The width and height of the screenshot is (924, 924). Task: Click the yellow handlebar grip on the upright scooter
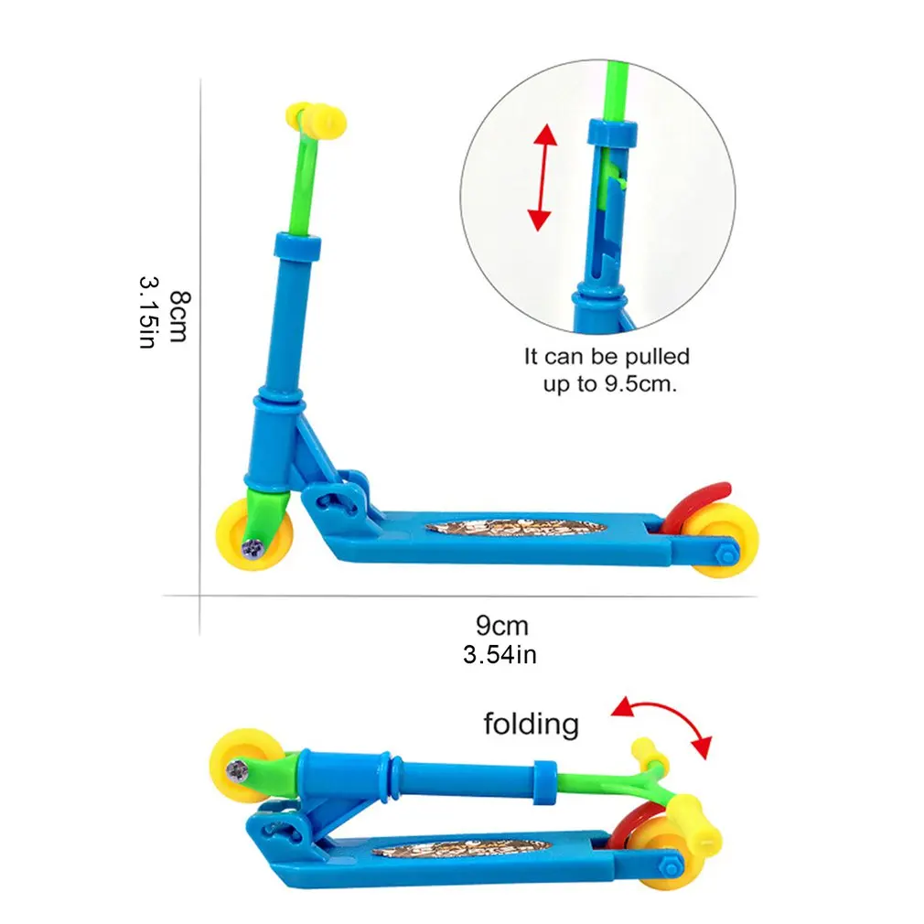pos(312,120)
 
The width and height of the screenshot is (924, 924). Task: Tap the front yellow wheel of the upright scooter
pos(257,532)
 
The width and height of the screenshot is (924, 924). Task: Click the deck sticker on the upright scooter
pos(516,530)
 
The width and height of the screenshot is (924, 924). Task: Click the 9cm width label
pos(502,626)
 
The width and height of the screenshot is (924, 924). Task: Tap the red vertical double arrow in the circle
pos(543,177)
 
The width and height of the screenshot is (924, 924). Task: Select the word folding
pos(532,725)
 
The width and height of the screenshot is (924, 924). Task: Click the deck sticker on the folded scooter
pos(462,848)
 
